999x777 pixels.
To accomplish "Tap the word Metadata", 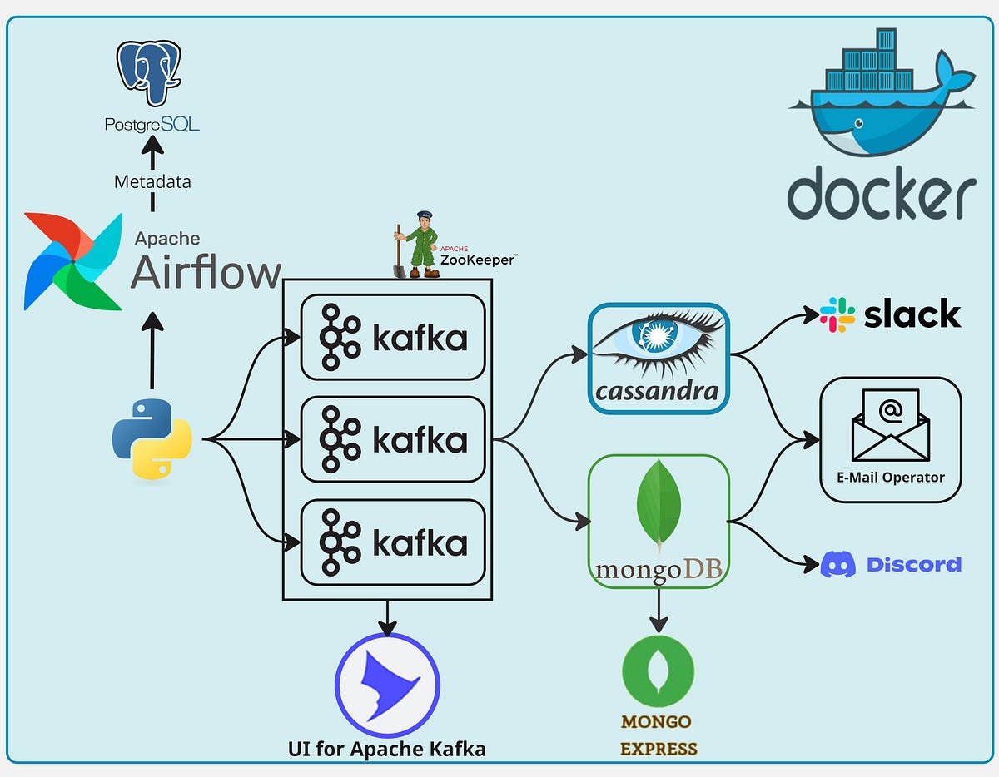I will pyautogui.click(x=152, y=181).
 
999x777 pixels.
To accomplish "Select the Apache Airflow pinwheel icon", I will pyautogui.click(x=72, y=261).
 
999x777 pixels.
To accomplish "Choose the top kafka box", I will pyautogui.click(x=393, y=337).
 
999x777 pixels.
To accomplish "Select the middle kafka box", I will pyautogui.click(x=393, y=439).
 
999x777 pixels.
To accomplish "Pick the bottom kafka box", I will pyautogui.click(x=393, y=542).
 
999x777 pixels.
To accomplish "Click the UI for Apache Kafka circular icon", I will pyautogui.click(x=387, y=687).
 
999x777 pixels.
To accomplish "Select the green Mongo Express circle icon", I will pyautogui.click(x=659, y=672).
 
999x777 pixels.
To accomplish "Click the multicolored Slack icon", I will pyautogui.click(x=837, y=314).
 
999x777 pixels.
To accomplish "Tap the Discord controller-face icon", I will pyautogui.click(x=837, y=565).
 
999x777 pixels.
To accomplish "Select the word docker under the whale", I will pyautogui.click(x=882, y=192).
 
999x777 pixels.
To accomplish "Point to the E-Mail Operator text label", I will pyautogui.click(x=891, y=478).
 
